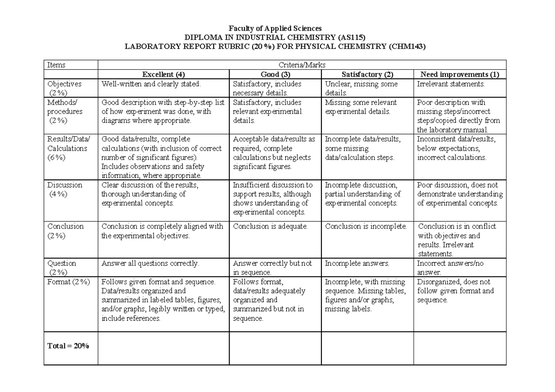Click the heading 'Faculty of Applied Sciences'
tap(277, 29)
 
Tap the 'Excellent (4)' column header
tap(164, 74)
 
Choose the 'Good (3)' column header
tap(275, 74)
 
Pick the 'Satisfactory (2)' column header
tap(367, 74)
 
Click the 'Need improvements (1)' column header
tap(460, 74)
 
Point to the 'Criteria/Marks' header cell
tap(302, 65)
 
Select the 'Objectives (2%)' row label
tap(64, 88)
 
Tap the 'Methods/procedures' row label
tap(65, 111)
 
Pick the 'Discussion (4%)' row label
tap(65, 190)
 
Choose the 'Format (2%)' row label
tap(68, 282)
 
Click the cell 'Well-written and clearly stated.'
tap(151, 84)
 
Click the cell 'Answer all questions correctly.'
tap(150, 263)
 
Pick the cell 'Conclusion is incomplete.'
tap(366, 227)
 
